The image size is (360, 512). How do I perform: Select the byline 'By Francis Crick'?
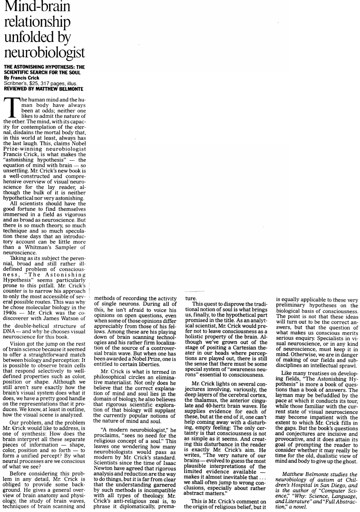click(21, 78)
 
